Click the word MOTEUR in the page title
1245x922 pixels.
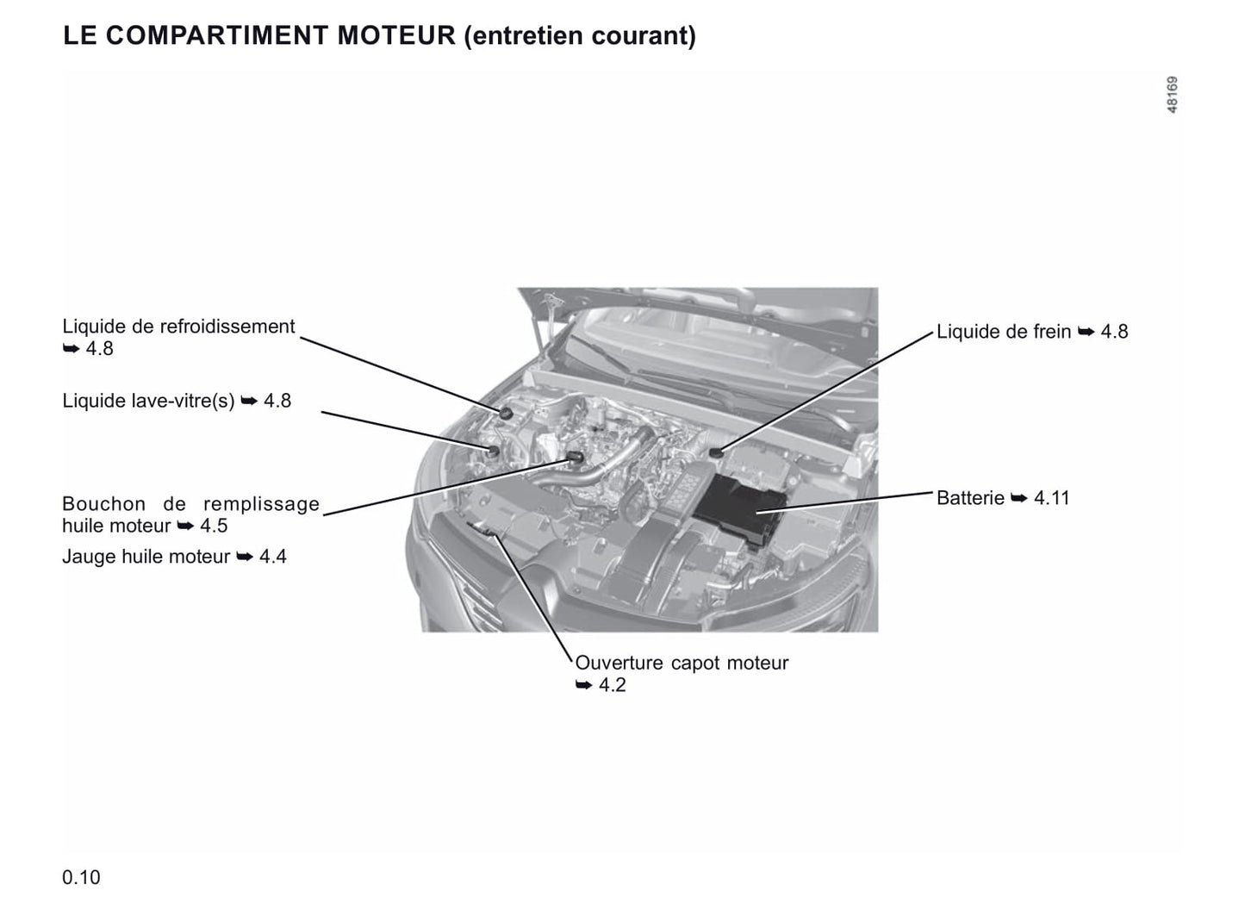pyautogui.click(x=396, y=35)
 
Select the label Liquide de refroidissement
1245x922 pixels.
pyautogui.click(x=178, y=327)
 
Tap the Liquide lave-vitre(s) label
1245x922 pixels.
pyautogui.click(x=148, y=401)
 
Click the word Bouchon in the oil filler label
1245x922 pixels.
pyautogui.click(x=104, y=504)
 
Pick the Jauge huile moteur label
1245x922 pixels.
pyautogui.click(x=146, y=557)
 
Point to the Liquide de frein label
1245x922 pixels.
pyautogui.click(x=1004, y=331)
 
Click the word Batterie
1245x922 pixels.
pyautogui.click(x=970, y=498)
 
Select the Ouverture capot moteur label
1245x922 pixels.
pyautogui.click(x=682, y=663)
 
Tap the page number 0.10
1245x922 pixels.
pyautogui.click(x=81, y=878)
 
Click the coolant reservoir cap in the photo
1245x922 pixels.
pyautogui.click(x=507, y=414)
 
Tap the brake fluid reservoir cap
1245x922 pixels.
pyautogui.click(x=716, y=452)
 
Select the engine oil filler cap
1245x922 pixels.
pyautogui.click(x=574, y=457)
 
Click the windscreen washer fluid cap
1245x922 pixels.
pyautogui.click(x=494, y=451)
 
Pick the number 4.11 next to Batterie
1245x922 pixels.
pyautogui.click(x=1052, y=498)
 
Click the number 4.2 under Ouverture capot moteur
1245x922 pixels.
pyautogui.click(x=613, y=685)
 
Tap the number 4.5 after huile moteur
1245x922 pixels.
pyautogui.click(x=214, y=526)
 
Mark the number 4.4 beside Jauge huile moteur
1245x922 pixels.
pyautogui.click(x=273, y=557)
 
